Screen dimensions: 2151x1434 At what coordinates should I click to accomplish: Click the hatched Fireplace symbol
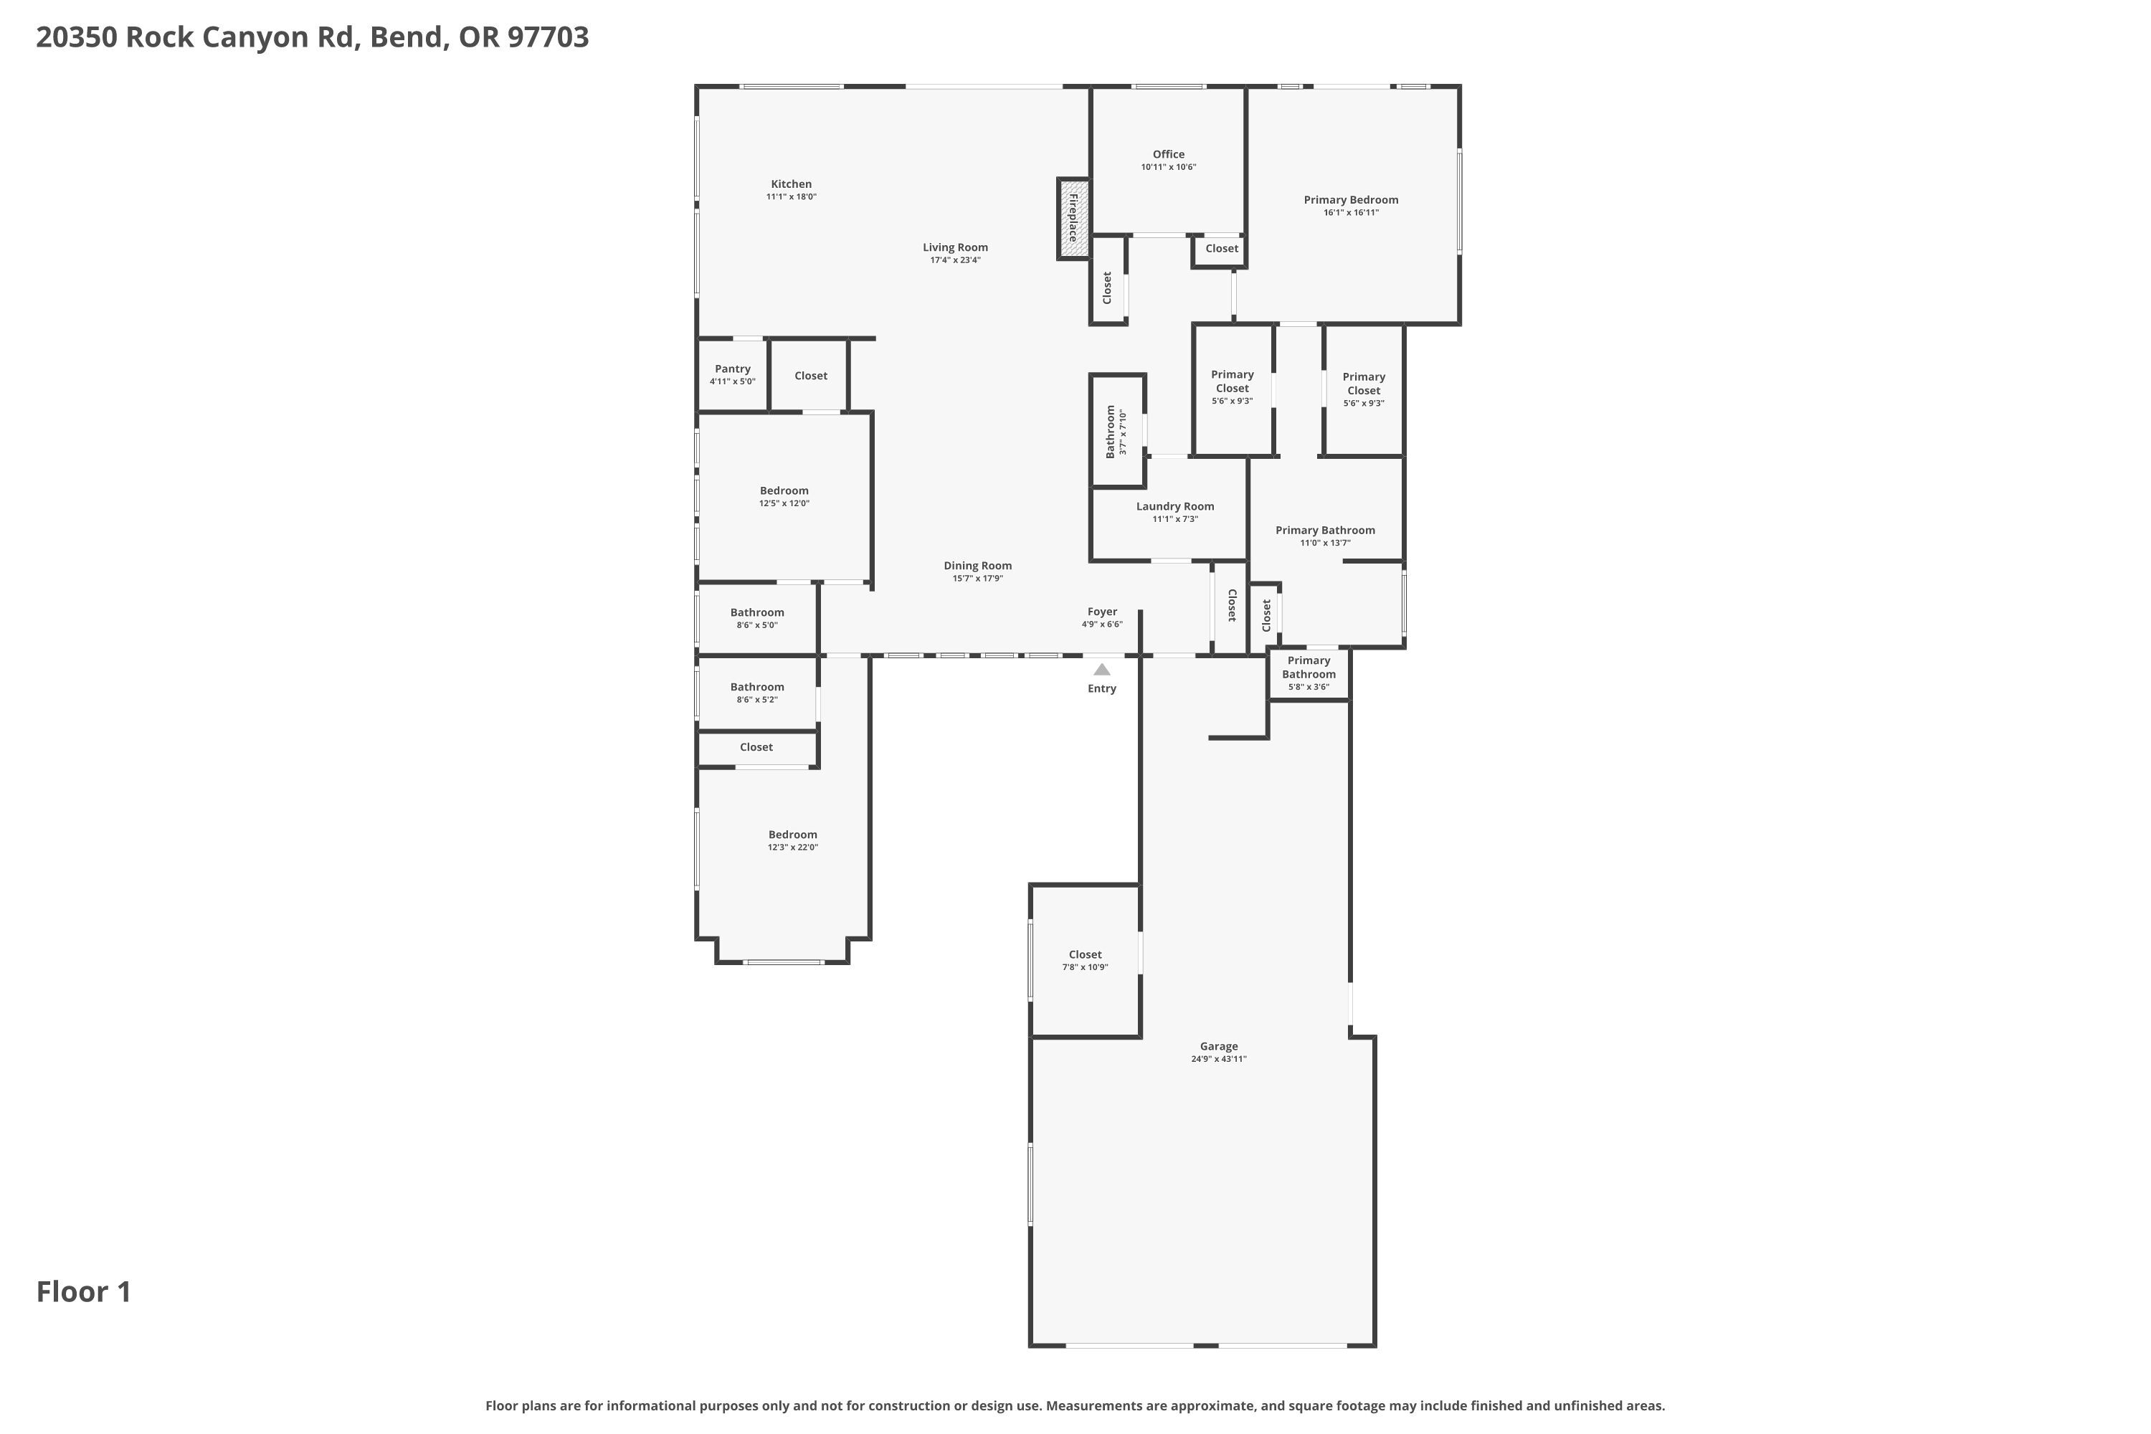tap(1073, 219)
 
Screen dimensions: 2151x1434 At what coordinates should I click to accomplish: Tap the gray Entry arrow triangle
tap(1102, 670)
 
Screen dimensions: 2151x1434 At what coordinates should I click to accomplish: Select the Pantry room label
tap(733, 369)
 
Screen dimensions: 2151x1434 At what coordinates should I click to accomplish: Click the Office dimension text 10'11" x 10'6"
tap(1169, 167)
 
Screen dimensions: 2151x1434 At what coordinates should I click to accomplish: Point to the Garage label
tap(1219, 1046)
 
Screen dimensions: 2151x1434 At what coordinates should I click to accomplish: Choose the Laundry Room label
tap(1175, 505)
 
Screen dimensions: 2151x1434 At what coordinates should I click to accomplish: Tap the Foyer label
tap(1102, 612)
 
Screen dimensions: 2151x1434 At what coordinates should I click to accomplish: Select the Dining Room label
tap(978, 565)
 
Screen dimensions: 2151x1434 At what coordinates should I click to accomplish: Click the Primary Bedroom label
tap(1351, 199)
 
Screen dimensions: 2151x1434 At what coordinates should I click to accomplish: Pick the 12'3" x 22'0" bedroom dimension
tap(793, 847)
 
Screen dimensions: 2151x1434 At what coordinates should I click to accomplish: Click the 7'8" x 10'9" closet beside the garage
tap(1086, 960)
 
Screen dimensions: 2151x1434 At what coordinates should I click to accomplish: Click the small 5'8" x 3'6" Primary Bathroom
tap(1309, 673)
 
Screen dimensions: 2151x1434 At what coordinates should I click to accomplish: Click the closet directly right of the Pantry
tap(810, 375)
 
